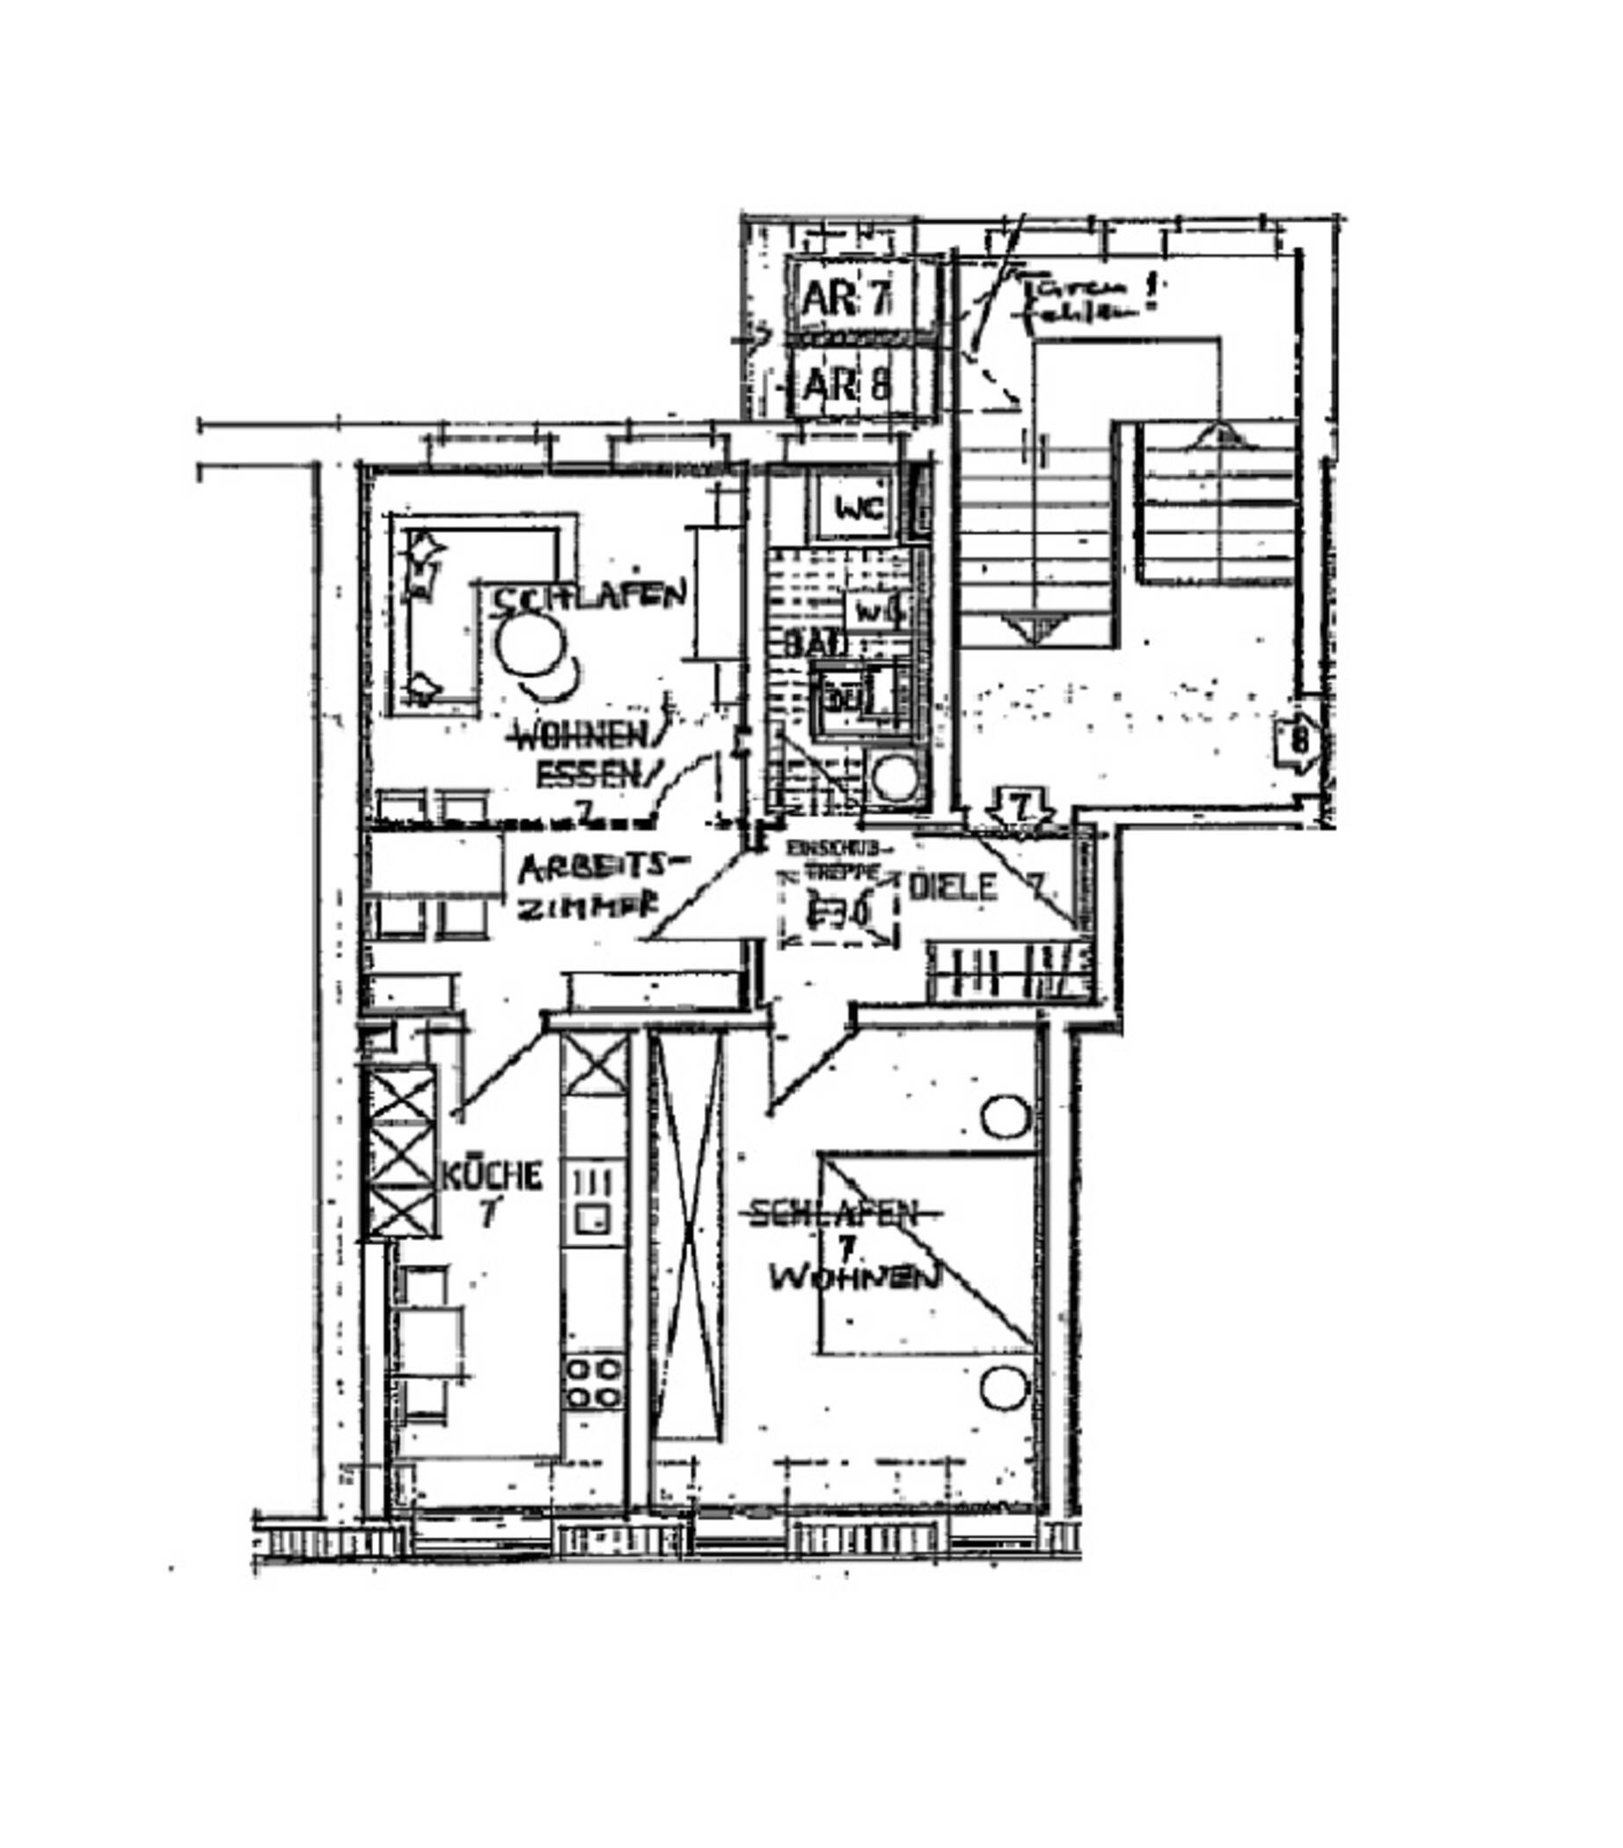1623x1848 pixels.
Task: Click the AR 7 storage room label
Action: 846,297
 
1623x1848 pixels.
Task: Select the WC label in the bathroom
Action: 859,509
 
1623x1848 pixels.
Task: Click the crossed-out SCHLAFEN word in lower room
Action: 834,1214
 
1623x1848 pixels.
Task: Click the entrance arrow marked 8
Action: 1298,740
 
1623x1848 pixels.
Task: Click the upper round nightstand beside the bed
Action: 1005,1118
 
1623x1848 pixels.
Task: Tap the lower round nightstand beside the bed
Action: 1003,1386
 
